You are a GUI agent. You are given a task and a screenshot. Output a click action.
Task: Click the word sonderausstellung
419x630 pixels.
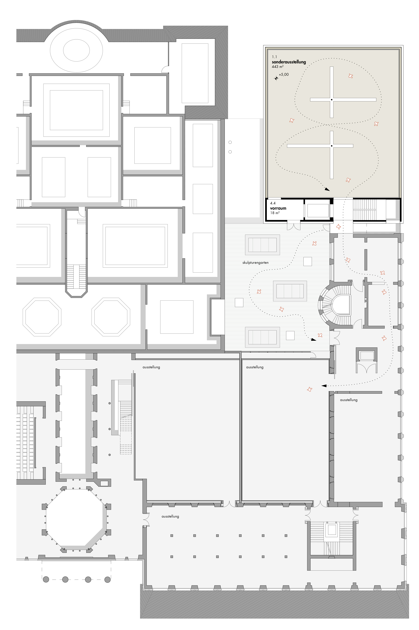pyautogui.click(x=289, y=62)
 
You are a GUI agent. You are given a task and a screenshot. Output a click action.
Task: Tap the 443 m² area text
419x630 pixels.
pyautogui.click(x=278, y=67)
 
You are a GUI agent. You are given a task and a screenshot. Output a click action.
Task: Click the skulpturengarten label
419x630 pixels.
pyautogui.click(x=256, y=263)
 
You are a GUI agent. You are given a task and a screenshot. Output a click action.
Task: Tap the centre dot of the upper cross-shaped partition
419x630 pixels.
pyautogui.click(x=332, y=100)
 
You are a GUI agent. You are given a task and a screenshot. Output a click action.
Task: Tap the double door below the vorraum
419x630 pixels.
pyautogui.click(x=294, y=226)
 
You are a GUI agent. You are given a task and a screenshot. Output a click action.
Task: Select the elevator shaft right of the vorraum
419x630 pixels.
pyautogui.click(x=317, y=211)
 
